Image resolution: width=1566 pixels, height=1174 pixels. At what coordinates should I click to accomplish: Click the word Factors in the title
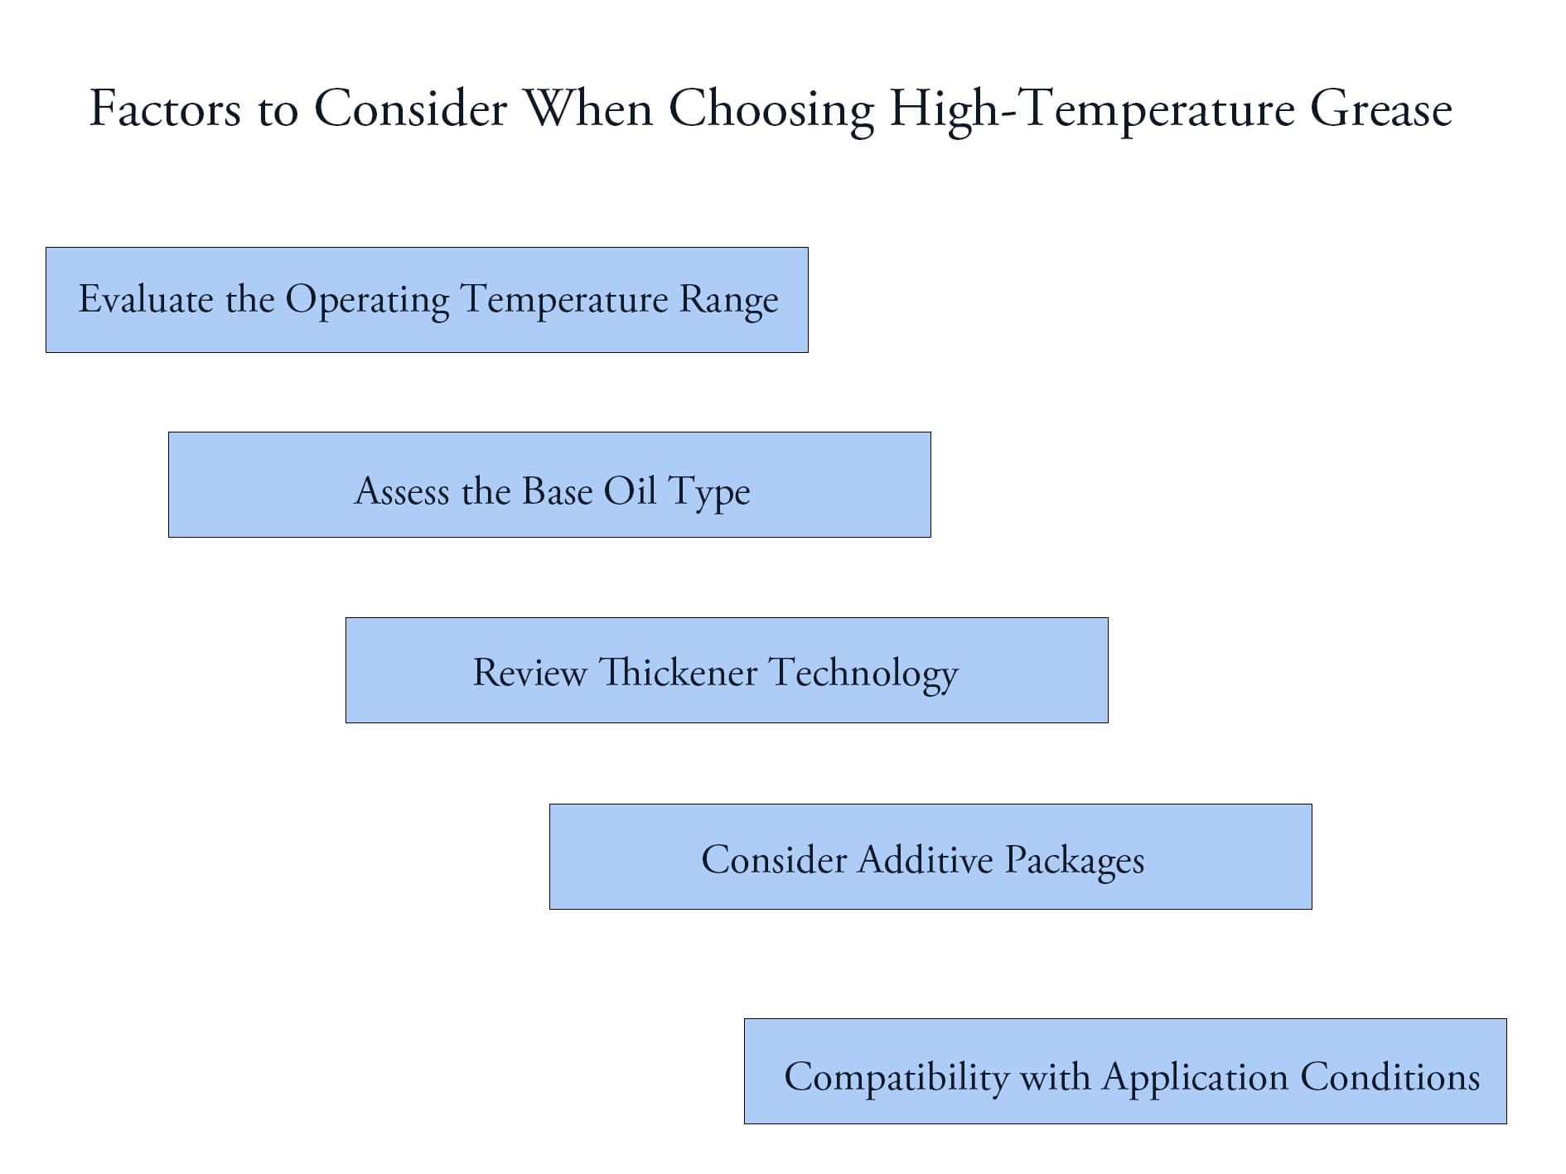[165, 109]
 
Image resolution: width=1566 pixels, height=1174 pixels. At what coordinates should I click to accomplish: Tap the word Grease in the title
[1380, 110]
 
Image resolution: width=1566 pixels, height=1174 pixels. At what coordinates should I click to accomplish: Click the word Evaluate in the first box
[146, 299]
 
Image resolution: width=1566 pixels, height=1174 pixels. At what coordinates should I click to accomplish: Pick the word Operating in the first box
[367, 301]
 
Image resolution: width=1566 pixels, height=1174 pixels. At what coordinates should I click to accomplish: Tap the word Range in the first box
[728, 301]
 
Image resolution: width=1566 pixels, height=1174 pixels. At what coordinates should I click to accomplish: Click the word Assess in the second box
[402, 491]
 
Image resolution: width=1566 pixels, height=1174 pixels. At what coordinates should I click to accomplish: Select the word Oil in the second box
[630, 491]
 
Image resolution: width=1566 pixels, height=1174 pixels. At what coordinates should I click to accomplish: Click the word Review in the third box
[529, 672]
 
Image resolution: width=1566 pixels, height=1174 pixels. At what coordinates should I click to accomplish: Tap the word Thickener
[678, 672]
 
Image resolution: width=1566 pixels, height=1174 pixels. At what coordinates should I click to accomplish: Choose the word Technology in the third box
[863, 674]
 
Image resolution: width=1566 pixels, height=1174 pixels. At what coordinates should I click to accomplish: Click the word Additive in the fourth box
[926, 859]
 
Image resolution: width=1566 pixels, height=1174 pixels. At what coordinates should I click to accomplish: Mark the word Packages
[1074, 861]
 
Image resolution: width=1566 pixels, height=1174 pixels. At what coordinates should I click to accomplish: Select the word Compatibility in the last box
[897, 1078]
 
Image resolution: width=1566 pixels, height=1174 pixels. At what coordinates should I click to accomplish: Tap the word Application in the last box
[1195, 1078]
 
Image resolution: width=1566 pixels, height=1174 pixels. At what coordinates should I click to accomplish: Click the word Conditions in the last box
[1390, 1077]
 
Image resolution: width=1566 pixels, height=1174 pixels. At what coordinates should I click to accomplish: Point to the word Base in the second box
[558, 491]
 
